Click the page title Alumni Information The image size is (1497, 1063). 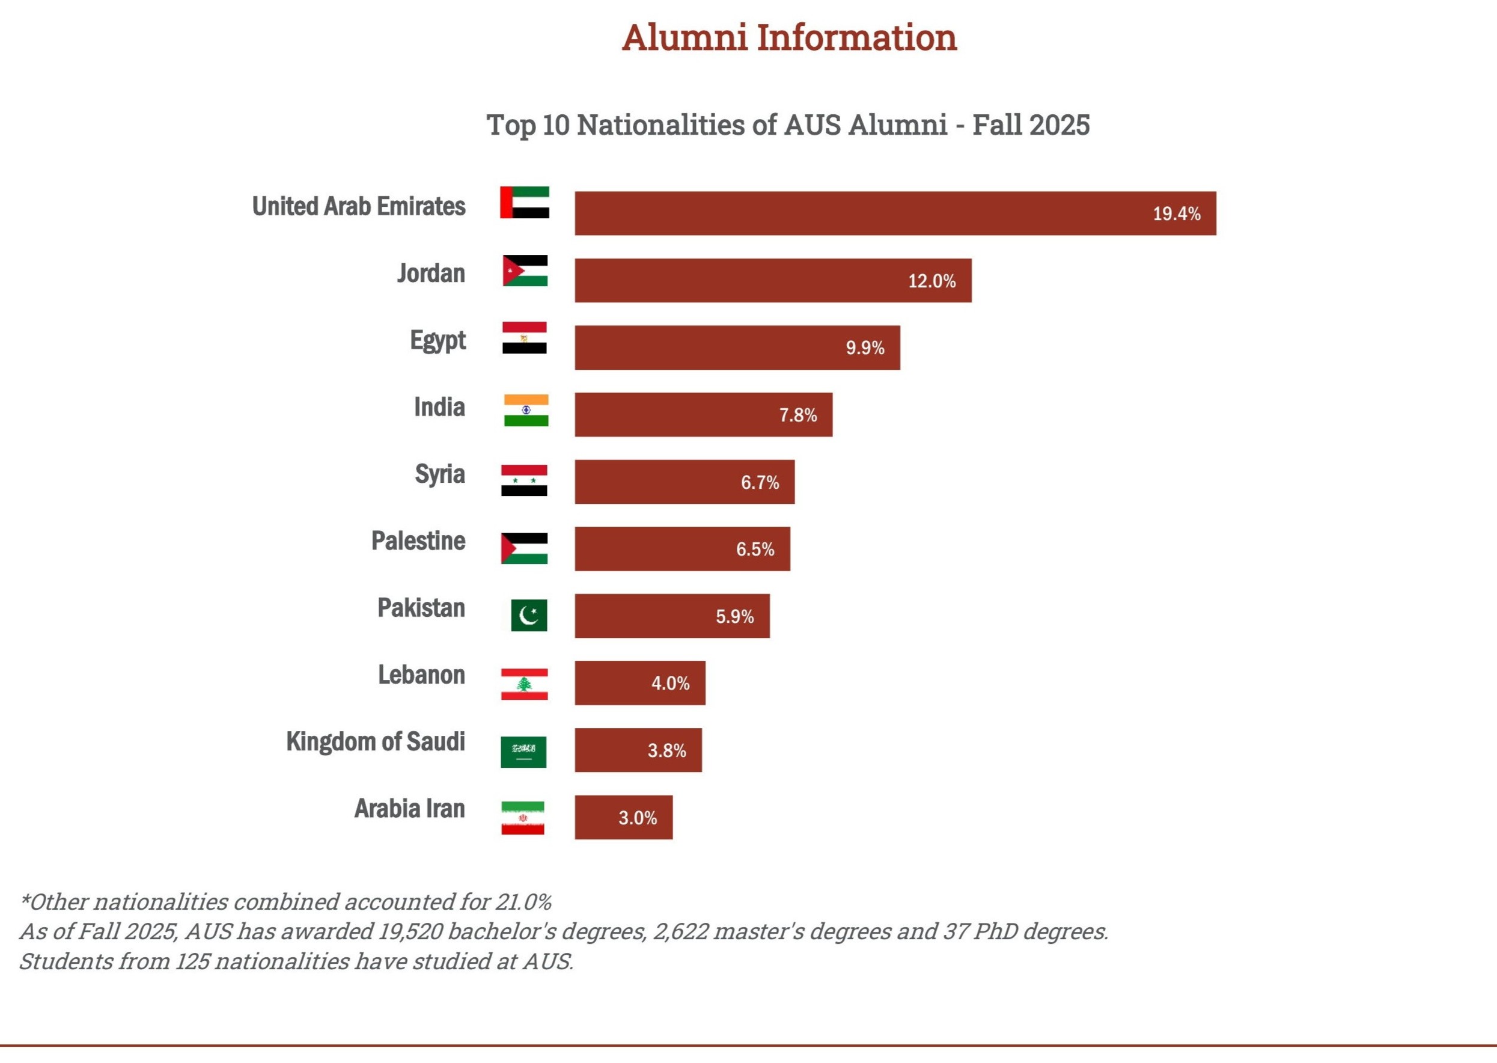point(788,37)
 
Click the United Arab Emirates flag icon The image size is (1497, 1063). point(524,202)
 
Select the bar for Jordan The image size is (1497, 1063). point(772,280)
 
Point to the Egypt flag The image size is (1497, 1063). point(524,338)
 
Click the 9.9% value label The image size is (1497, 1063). point(864,348)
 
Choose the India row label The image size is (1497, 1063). point(439,407)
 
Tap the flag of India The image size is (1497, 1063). point(525,411)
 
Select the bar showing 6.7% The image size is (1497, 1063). point(684,482)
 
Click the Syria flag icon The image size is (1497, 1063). point(523,480)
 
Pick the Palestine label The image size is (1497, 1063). point(418,541)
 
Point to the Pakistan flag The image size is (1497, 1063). point(528,615)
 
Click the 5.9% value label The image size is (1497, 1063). point(734,616)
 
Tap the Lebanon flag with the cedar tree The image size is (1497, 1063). point(524,684)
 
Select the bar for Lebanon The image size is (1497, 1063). point(639,682)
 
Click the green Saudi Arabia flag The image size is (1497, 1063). point(523,752)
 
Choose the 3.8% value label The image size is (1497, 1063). point(666,750)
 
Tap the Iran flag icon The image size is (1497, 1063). point(522,818)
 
